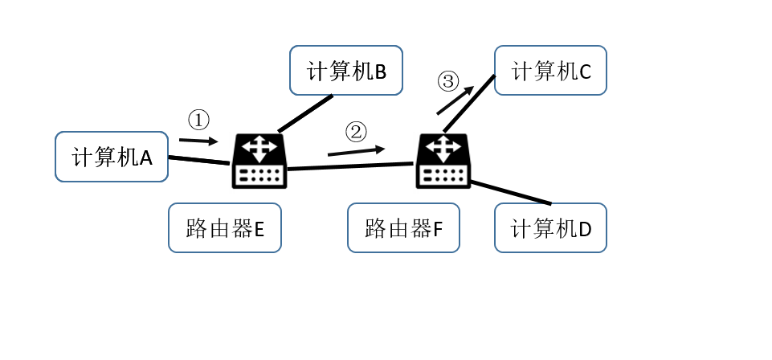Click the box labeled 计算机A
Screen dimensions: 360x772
pyautogui.click(x=112, y=157)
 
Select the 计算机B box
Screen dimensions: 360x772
pyautogui.click(x=346, y=71)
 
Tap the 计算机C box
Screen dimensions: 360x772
pyautogui.click(x=550, y=71)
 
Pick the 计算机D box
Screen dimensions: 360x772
pyautogui.click(x=550, y=228)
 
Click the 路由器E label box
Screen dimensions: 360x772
pyautogui.click(x=225, y=228)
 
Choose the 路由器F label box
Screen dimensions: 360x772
pyautogui.click(x=403, y=228)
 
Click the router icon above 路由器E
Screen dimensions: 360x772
pyautogui.click(x=259, y=161)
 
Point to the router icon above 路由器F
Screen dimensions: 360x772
pyautogui.click(x=443, y=161)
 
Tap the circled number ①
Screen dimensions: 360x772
pyautogui.click(x=198, y=121)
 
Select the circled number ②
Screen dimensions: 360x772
pyautogui.click(x=356, y=132)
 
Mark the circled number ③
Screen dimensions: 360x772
pyautogui.click(x=448, y=81)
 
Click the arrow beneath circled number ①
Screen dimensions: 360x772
pyautogui.click(x=198, y=141)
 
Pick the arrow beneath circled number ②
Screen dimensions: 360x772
pyautogui.click(x=356, y=151)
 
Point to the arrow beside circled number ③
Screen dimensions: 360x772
pyautogui.click(x=455, y=100)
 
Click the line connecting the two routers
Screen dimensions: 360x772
pyautogui.click(x=350, y=166)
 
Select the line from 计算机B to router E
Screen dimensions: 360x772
pyautogui.click(x=305, y=113)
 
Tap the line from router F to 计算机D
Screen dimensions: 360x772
pyautogui.click(x=511, y=193)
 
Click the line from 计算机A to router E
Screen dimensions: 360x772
pyautogui.click(x=198, y=160)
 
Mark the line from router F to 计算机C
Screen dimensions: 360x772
pyautogui.click(x=470, y=103)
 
